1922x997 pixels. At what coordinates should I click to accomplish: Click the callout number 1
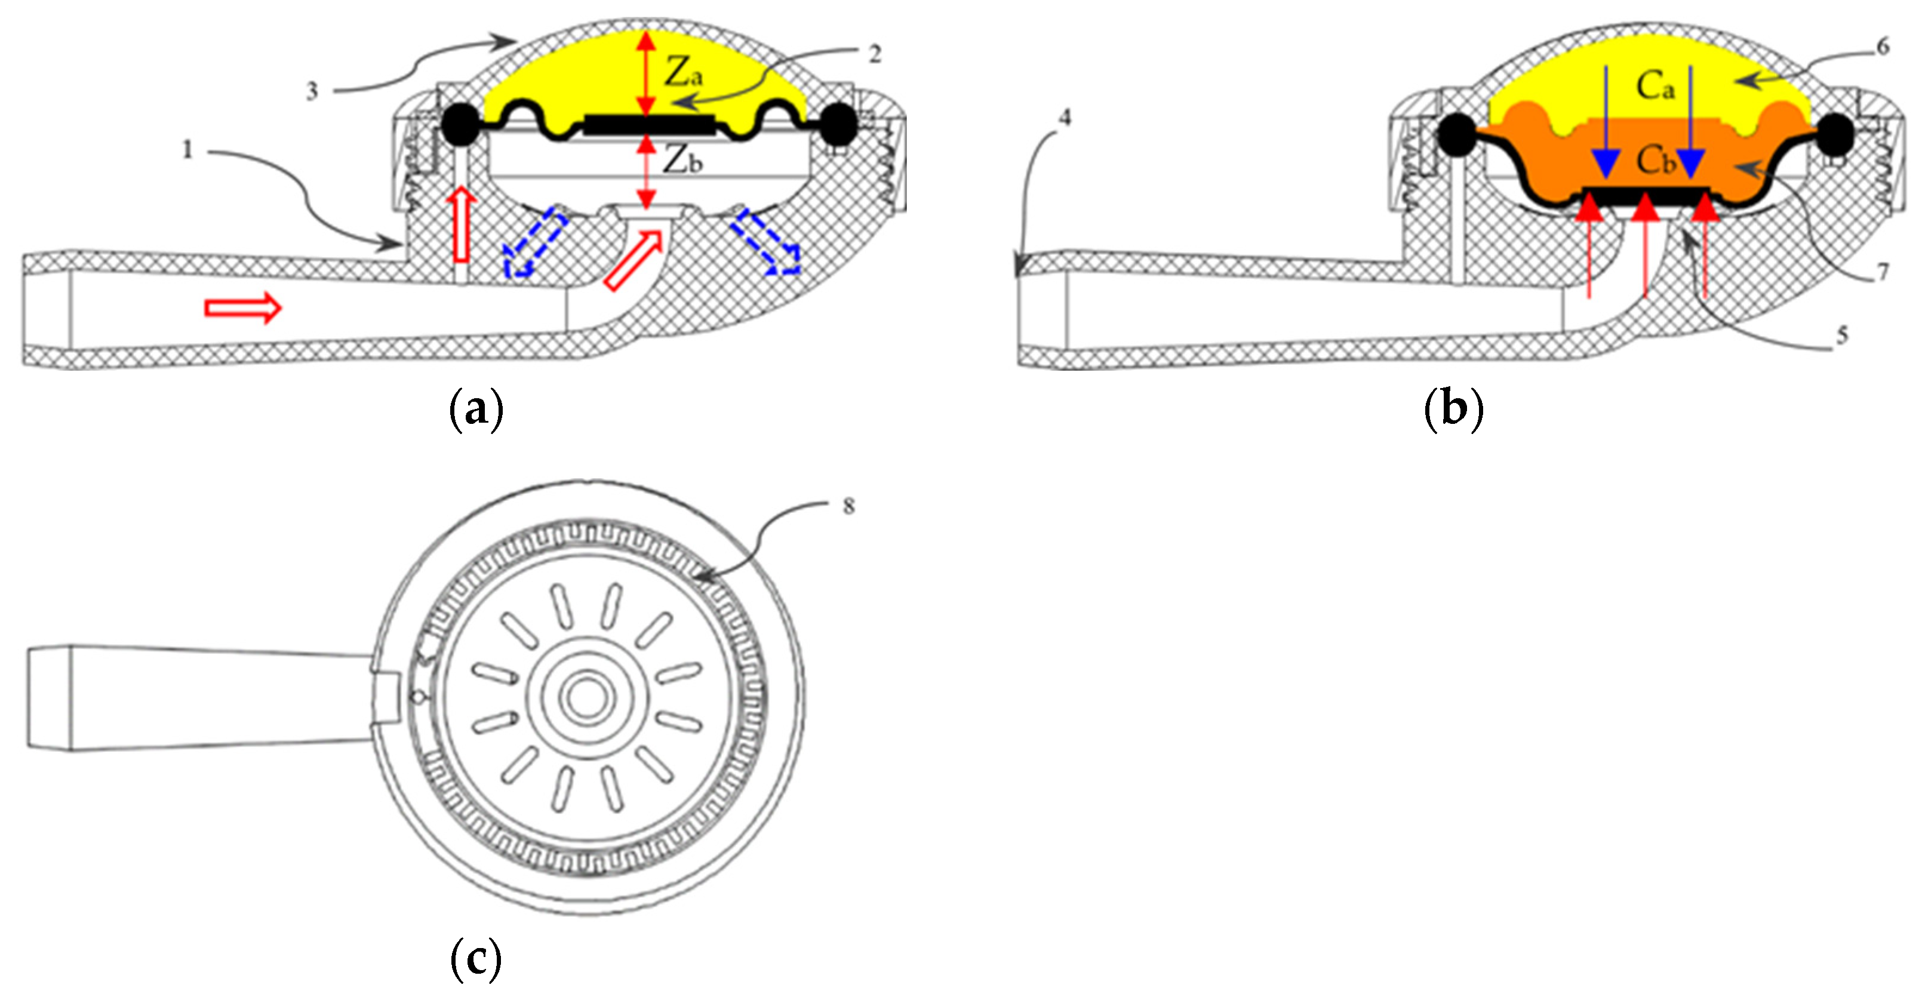coord(187,150)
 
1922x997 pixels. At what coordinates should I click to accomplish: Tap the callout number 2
coord(875,54)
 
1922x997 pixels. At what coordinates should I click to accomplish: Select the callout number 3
coord(312,91)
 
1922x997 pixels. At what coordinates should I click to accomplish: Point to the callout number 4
coord(1065,117)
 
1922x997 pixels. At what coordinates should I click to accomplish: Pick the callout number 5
coord(1842,335)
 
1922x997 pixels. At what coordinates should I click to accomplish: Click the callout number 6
coord(1883,47)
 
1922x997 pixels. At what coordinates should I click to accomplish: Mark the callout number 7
coord(1883,272)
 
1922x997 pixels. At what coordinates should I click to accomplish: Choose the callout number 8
coord(848,506)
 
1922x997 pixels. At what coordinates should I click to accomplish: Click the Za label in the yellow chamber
coord(682,73)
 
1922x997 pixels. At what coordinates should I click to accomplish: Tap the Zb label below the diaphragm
coord(682,159)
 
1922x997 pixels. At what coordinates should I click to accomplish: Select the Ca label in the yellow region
coord(1655,87)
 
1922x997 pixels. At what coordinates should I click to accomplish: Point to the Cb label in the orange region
coord(1655,159)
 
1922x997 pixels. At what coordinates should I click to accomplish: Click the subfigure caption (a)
coord(476,409)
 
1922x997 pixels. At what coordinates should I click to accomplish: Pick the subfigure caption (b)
coord(1453,409)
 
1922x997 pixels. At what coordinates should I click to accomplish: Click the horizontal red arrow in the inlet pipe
coord(243,307)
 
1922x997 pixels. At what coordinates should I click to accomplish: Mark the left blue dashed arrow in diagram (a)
coord(534,242)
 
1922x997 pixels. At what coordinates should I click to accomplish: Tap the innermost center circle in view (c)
coord(587,698)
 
